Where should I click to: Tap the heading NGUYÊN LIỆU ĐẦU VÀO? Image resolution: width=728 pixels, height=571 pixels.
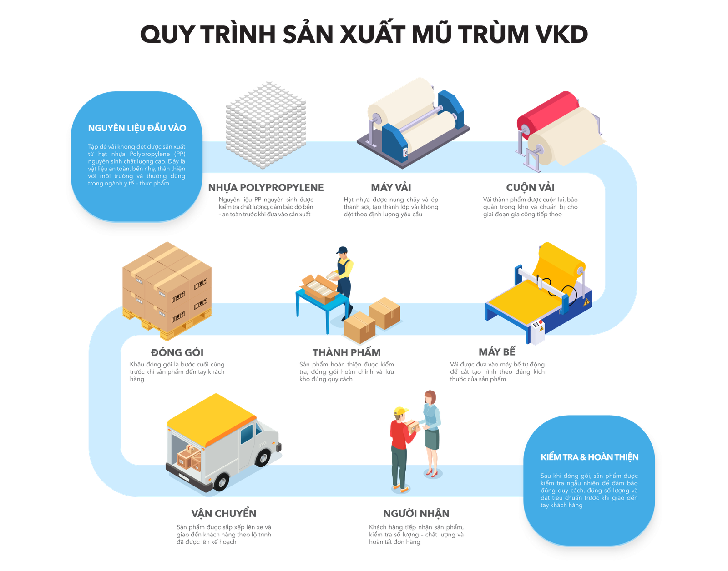tap(137, 128)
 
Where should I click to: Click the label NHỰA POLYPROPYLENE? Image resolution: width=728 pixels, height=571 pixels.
tap(266, 187)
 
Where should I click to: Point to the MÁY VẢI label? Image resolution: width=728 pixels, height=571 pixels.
tap(391, 187)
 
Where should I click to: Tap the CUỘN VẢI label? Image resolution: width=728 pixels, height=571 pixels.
tap(530, 187)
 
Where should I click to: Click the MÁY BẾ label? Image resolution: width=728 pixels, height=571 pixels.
tap(497, 352)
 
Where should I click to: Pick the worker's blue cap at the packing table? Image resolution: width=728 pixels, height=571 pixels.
tap(342, 250)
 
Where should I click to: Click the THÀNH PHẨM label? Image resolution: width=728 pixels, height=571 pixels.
tap(347, 352)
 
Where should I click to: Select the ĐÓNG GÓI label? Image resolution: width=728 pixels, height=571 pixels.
tap(177, 352)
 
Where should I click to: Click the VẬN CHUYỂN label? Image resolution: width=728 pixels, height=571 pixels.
tap(224, 513)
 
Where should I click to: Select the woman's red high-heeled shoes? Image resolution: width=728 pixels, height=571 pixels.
tap(431, 473)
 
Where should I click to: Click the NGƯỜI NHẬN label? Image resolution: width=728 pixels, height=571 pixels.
tap(416, 513)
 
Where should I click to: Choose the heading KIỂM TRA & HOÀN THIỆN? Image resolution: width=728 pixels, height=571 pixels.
tap(589, 457)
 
